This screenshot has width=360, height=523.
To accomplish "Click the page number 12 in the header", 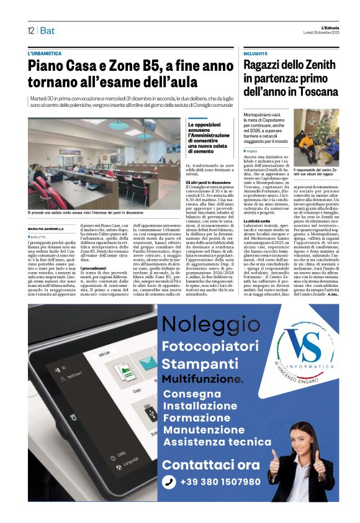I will pos(30,30).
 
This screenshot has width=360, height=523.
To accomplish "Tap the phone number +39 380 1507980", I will pos(220,481).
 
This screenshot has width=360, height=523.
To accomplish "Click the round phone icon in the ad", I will pos(169,482).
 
